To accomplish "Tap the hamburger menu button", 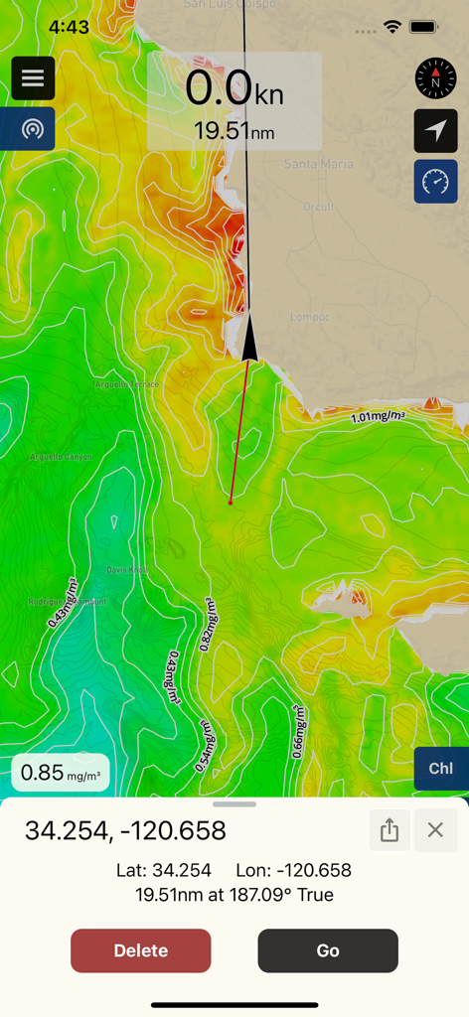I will (33, 78).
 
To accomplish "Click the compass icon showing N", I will (435, 78).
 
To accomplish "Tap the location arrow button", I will (435, 130).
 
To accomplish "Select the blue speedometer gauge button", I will (435, 182).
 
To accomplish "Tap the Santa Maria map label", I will (309, 163).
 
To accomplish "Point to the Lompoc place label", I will (308, 318).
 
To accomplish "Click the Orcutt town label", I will (318, 208).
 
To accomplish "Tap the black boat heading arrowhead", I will (249, 337).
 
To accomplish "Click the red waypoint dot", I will (231, 503).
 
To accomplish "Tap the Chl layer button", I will (440, 768).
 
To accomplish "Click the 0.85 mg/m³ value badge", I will (61, 772).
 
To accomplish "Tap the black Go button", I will (328, 950).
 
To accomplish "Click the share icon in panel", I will (390, 830).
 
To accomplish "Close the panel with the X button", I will (435, 830).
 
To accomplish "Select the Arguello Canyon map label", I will (61, 457).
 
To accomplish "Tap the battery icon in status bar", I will (423, 27).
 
